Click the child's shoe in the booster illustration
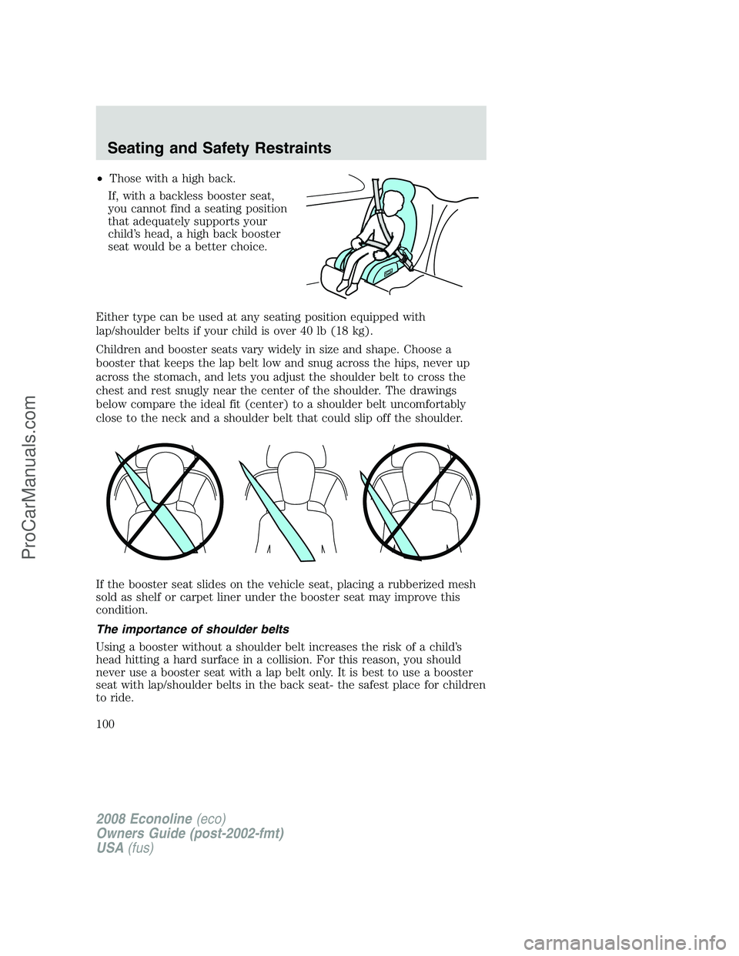(343, 286)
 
